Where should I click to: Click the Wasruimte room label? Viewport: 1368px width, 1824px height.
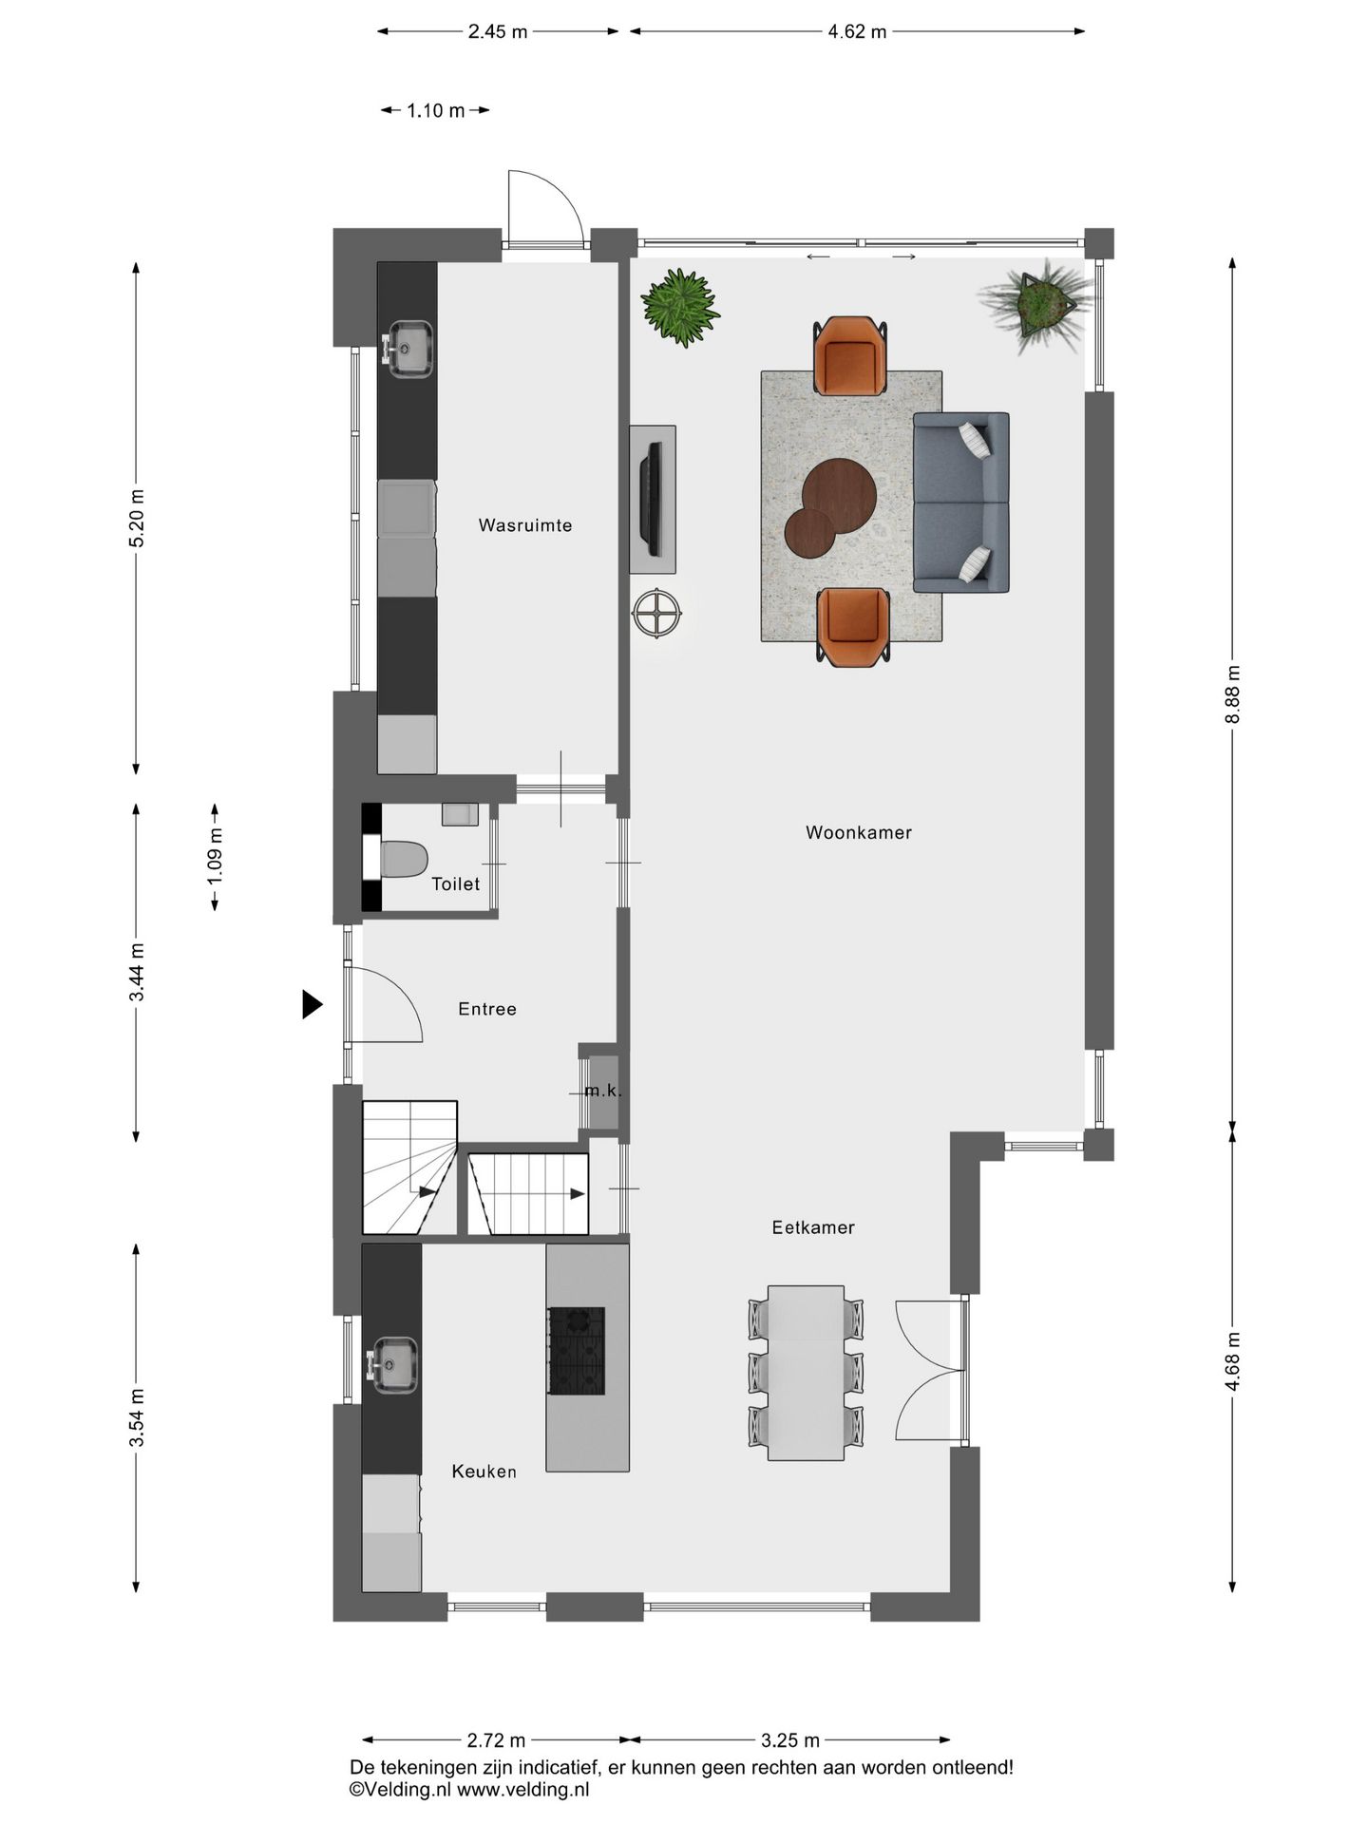tap(525, 525)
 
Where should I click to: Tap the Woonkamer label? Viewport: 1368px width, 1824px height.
tap(859, 833)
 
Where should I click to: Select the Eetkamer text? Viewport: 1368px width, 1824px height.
tap(813, 1227)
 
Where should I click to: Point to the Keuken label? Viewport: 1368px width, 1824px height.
tap(484, 1472)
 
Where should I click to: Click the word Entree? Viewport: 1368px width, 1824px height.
tap(487, 1009)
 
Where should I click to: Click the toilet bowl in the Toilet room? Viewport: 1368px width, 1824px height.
tap(403, 859)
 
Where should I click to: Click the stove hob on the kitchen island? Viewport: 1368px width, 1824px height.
tap(576, 1350)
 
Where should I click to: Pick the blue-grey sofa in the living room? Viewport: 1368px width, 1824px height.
tap(960, 503)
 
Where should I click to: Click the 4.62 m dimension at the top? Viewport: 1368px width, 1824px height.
tap(857, 31)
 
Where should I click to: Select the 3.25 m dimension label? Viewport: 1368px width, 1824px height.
tap(790, 1740)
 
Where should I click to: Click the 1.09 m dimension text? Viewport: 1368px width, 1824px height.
tap(216, 858)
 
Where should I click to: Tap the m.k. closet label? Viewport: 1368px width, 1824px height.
tap(603, 1092)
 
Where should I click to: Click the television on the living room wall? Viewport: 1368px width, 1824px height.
tap(652, 499)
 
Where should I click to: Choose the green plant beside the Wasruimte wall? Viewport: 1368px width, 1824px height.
tap(677, 306)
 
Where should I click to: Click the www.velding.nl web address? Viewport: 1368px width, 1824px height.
tap(523, 1789)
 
